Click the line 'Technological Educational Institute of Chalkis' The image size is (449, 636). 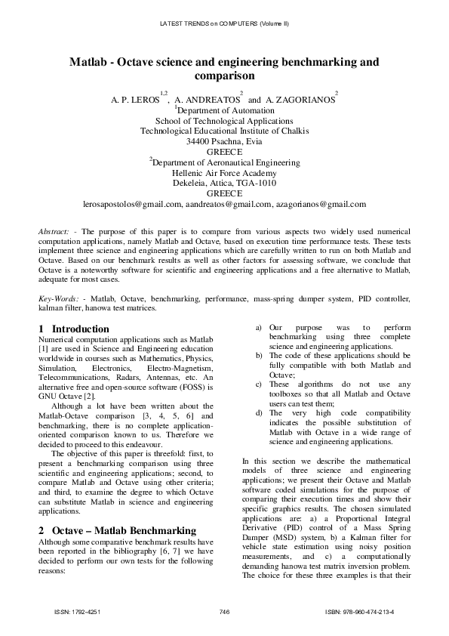224,130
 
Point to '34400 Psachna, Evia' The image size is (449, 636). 224,140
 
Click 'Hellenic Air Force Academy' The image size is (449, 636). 224,172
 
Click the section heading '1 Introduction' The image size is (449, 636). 73,329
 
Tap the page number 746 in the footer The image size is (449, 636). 224,611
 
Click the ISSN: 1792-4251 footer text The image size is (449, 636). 78,611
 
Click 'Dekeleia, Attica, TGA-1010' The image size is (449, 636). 224,183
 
